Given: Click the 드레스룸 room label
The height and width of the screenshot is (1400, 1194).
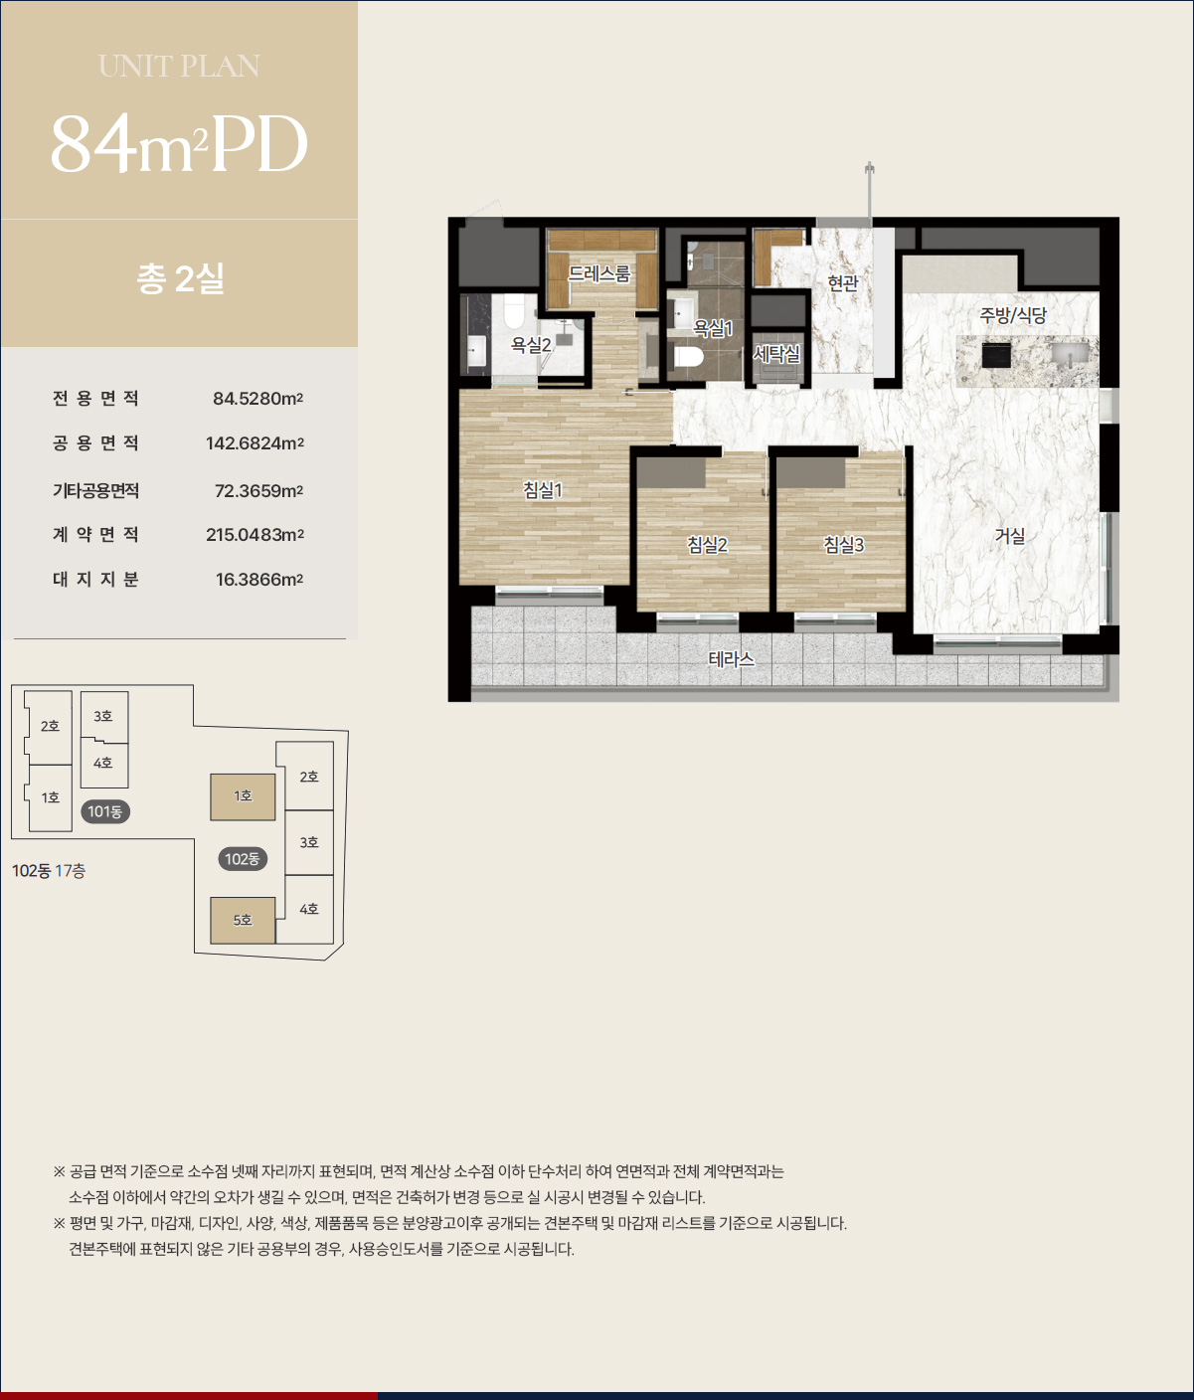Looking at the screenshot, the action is click(x=598, y=273).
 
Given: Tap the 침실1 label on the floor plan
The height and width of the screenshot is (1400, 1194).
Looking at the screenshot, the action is click(x=543, y=489).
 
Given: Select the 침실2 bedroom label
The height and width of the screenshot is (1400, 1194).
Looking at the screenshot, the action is click(x=707, y=545).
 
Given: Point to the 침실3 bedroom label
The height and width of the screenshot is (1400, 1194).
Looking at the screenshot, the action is click(x=843, y=545).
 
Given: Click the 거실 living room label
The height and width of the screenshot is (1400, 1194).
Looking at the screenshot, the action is click(x=1010, y=536).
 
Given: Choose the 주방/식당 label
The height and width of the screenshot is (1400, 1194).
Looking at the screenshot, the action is click(x=1013, y=315).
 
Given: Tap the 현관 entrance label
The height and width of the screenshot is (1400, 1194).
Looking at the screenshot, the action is click(x=843, y=283).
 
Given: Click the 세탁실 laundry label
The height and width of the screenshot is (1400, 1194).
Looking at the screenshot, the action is click(x=776, y=354).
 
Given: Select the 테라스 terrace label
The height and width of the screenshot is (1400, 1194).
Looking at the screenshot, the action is click(x=732, y=659).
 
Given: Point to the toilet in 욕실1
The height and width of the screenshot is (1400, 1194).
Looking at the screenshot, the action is click(x=689, y=357).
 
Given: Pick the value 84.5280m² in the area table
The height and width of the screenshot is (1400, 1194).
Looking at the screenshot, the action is click(x=258, y=399).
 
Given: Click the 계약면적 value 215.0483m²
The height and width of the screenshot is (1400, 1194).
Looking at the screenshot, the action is click(x=256, y=534).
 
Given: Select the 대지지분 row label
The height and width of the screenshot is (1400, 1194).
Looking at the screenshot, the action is click(x=95, y=579).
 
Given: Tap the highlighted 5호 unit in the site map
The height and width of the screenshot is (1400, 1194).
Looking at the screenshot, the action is click(x=243, y=921).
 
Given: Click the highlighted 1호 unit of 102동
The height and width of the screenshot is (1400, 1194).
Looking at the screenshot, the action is click(x=243, y=796).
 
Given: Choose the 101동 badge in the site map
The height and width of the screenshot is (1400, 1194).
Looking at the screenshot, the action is click(x=105, y=811).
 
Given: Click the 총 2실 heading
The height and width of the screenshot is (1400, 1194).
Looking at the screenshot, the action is click(x=180, y=278).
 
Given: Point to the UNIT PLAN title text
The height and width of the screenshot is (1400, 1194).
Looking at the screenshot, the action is click(x=180, y=67).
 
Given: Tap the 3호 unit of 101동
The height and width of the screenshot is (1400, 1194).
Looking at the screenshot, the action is click(x=104, y=715).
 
